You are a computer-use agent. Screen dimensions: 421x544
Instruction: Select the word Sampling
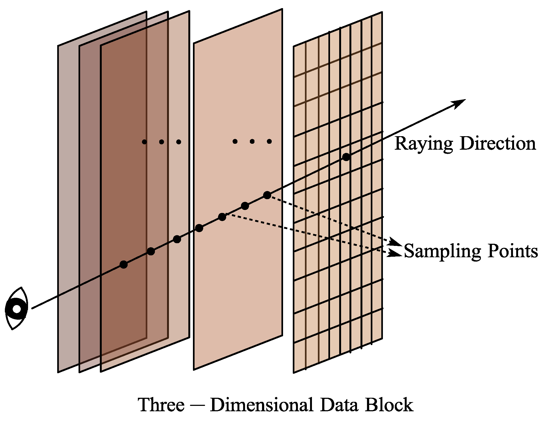pos(442,252)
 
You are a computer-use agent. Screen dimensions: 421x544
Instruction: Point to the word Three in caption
pos(161,405)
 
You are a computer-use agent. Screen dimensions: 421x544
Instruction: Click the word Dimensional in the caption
pos(261,405)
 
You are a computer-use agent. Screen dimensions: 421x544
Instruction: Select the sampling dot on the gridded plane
pos(346,157)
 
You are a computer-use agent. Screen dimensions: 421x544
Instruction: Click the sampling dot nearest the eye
pos(124,265)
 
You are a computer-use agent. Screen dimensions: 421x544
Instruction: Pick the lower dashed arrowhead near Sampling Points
pos(396,254)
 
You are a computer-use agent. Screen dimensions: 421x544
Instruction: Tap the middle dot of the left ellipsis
pos(161,142)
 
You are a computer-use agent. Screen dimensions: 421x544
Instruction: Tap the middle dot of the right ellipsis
pos(252,141)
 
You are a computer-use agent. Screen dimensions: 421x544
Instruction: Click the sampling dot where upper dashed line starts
pos(267,195)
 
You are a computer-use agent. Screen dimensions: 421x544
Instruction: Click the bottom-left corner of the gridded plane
pos(294,372)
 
